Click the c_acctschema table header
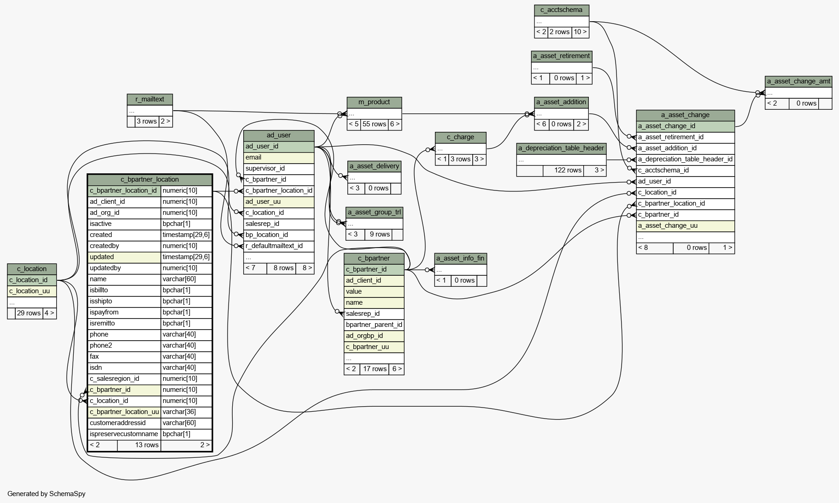(x=561, y=10)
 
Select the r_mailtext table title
(x=150, y=100)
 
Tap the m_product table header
(x=374, y=102)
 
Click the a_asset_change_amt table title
(x=798, y=82)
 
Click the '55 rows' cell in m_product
(x=374, y=124)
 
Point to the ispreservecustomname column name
(x=124, y=434)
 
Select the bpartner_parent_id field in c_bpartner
(x=374, y=325)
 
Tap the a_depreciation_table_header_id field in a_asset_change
(x=685, y=160)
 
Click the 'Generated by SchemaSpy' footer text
(x=47, y=494)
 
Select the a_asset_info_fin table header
(x=460, y=259)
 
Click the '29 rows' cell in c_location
(x=29, y=314)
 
